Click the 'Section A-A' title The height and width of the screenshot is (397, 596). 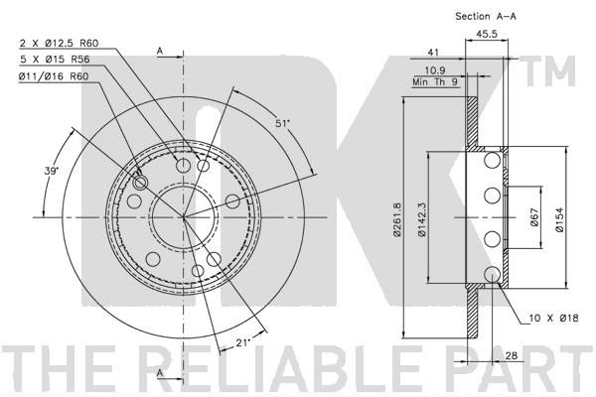click(x=486, y=16)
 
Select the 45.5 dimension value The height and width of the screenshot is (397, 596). click(x=487, y=34)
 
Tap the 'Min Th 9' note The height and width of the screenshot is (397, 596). click(x=436, y=81)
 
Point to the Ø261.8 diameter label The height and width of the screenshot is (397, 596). click(x=397, y=219)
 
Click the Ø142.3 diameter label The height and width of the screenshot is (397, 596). click(x=421, y=219)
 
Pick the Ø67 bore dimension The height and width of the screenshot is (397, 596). click(x=534, y=217)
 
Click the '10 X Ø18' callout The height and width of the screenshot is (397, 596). click(x=554, y=318)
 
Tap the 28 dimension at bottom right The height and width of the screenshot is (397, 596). click(x=512, y=355)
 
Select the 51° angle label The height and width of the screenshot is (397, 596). click(x=282, y=123)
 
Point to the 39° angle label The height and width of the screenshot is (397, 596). click(x=52, y=171)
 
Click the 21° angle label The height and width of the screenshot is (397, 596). click(x=243, y=342)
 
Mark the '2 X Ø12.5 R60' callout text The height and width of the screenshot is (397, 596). click(x=59, y=44)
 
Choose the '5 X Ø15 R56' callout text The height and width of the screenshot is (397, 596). click(x=55, y=60)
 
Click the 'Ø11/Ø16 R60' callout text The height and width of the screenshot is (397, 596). click(x=54, y=76)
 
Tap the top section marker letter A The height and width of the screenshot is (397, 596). click(x=160, y=51)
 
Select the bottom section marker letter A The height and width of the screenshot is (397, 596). click(x=160, y=373)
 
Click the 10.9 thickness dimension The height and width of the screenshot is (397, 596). click(x=435, y=70)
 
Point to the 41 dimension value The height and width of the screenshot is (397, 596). click(x=433, y=53)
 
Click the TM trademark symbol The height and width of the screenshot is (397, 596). click(x=547, y=71)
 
